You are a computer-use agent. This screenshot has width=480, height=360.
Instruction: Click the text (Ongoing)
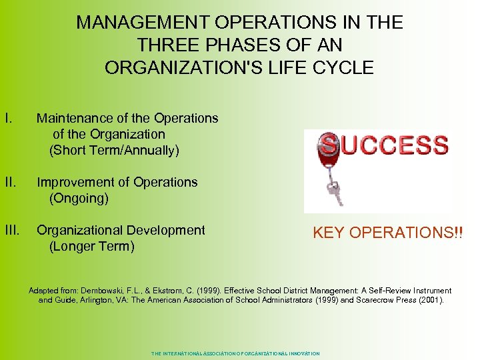tap(79, 198)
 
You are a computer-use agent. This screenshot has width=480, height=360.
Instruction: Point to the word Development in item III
tap(165, 230)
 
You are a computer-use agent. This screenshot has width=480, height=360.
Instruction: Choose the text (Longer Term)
tap(92, 247)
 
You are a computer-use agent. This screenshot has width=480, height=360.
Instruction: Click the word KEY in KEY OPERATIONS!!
tap(329, 233)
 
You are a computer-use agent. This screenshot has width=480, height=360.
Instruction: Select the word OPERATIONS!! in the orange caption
tap(407, 233)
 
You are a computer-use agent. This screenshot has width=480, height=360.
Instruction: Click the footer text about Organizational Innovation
tap(235, 353)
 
